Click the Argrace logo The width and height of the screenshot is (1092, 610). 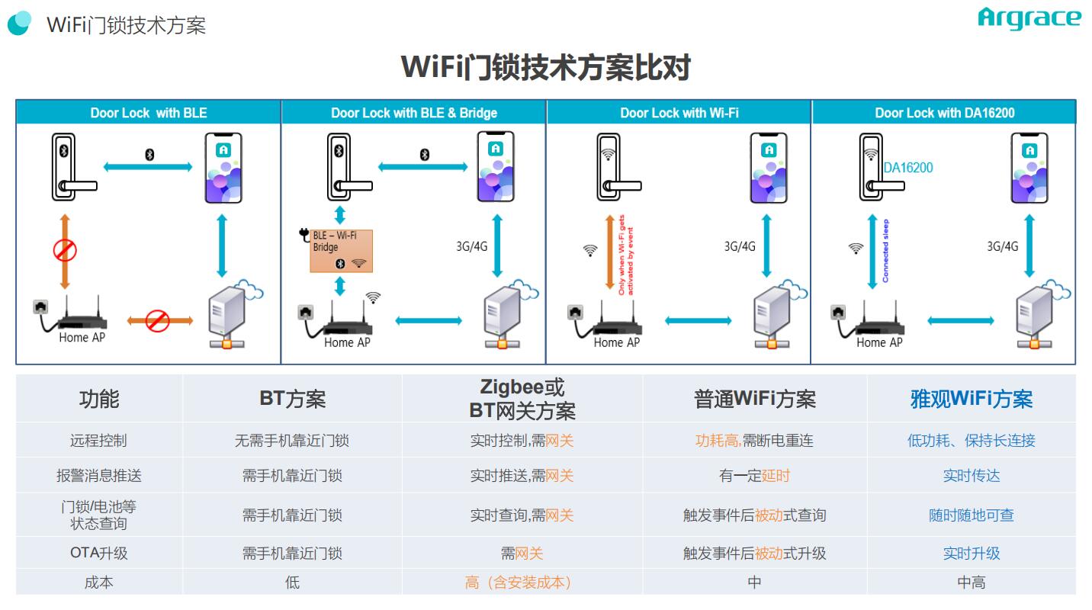pyautogui.click(x=1029, y=19)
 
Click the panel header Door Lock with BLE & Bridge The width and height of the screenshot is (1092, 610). pyautogui.click(x=414, y=113)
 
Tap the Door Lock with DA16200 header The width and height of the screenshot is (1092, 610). pyautogui.click(x=944, y=113)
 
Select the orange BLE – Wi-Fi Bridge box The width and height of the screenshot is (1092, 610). pyautogui.click(x=341, y=250)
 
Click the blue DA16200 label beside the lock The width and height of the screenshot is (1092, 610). pyautogui.click(x=907, y=168)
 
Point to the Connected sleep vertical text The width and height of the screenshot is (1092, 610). pyautogui.click(x=885, y=251)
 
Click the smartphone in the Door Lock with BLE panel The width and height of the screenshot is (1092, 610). pyautogui.click(x=223, y=169)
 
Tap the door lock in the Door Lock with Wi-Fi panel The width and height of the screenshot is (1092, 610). pyautogui.click(x=618, y=169)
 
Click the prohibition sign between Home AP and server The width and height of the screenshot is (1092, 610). pyautogui.click(x=158, y=319)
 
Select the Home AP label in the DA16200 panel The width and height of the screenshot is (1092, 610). pyautogui.click(x=879, y=343)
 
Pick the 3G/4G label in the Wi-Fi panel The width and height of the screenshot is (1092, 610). pyautogui.click(x=740, y=246)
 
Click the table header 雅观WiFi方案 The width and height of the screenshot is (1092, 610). pyautogui.click(x=971, y=399)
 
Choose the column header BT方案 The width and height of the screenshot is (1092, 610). pyautogui.click(x=292, y=399)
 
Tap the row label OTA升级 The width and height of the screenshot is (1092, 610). pyautogui.click(x=98, y=554)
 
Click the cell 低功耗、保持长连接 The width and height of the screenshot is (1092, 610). pyautogui.click(x=971, y=441)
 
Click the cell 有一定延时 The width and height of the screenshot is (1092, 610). pyautogui.click(x=754, y=476)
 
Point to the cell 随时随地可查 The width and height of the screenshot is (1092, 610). pyautogui.click(x=971, y=515)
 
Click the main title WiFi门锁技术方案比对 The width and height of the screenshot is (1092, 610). pyautogui.click(x=545, y=67)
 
